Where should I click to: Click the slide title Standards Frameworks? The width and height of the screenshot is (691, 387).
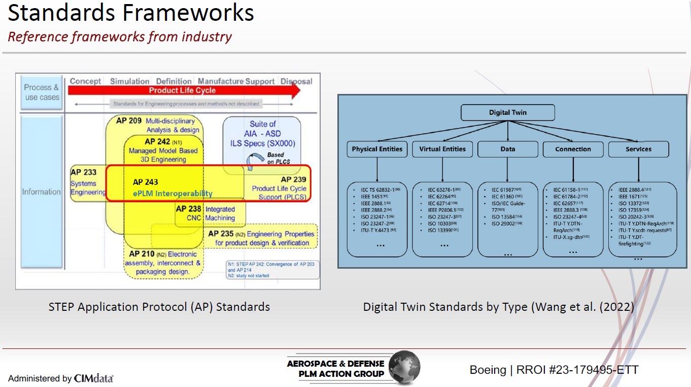(x=131, y=13)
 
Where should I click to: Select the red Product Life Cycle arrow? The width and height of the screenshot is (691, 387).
(x=183, y=90)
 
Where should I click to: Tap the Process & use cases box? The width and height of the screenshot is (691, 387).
(x=42, y=92)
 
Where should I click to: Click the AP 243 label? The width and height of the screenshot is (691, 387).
(x=146, y=182)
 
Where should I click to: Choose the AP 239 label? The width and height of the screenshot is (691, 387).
(x=293, y=179)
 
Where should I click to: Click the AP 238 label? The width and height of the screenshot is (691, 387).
(x=189, y=209)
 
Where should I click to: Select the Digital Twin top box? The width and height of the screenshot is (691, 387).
(x=507, y=112)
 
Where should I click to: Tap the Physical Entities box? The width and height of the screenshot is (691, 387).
(x=377, y=149)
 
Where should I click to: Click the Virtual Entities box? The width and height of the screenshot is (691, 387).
(x=442, y=149)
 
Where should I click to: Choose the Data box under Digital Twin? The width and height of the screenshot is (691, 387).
(x=507, y=149)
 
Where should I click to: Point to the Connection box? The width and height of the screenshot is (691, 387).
(x=573, y=149)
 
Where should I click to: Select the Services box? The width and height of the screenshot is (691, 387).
(x=638, y=149)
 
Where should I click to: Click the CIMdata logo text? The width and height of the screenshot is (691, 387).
(x=94, y=378)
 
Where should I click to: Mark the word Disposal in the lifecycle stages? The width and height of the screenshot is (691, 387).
(x=296, y=81)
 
